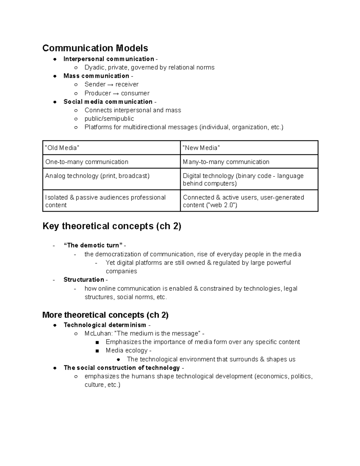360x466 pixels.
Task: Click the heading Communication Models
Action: click(95, 48)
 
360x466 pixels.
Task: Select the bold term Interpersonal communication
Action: click(109, 59)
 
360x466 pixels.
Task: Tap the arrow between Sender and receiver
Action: click(110, 85)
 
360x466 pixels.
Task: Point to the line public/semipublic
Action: click(109, 119)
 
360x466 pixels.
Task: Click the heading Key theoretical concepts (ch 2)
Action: click(112, 226)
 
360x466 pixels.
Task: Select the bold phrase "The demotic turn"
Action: click(93, 245)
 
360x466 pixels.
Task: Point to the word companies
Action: click(121, 271)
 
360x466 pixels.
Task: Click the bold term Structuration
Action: click(84, 280)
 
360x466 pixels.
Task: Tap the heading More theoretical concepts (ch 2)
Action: click(105, 315)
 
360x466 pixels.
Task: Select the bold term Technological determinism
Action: click(105, 325)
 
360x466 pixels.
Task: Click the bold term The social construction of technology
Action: click(121, 368)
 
